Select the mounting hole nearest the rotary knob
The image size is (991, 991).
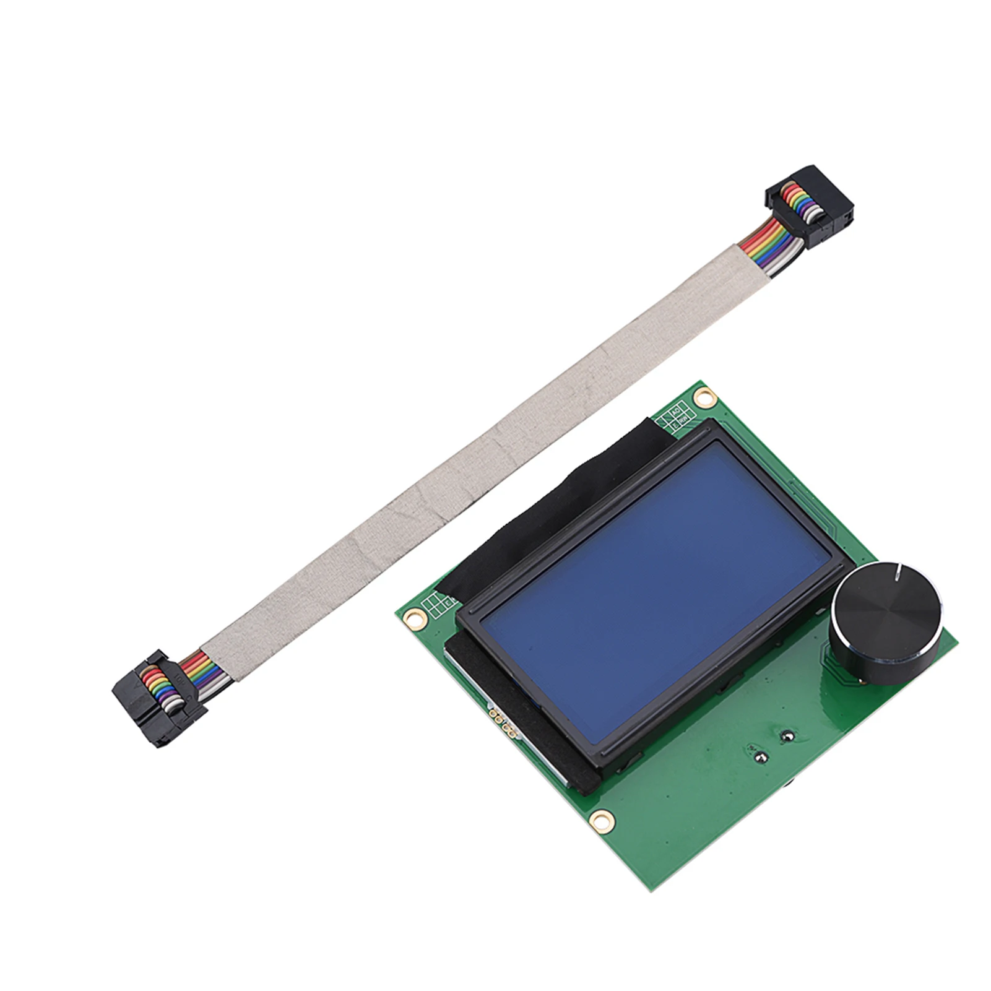click(x=703, y=396)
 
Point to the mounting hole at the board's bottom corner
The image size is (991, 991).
click(x=598, y=819)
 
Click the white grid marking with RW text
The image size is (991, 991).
click(x=677, y=417)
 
